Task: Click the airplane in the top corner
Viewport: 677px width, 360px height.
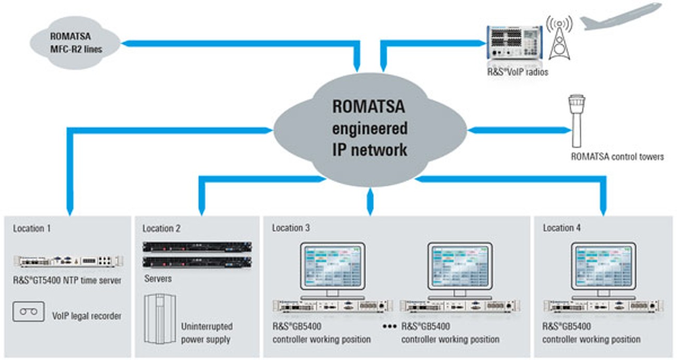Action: (620, 17)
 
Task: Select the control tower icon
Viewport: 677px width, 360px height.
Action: (576, 120)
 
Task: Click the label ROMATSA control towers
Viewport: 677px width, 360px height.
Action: (617, 156)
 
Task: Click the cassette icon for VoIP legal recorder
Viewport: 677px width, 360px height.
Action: (28, 312)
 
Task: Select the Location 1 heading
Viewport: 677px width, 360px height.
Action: (32, 228)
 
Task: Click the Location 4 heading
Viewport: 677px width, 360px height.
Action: (561, 228)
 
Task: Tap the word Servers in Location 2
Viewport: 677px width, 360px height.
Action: (157, 279)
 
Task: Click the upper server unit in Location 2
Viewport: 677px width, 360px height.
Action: (197, 246)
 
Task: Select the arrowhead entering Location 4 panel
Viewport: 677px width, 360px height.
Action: (603, 211)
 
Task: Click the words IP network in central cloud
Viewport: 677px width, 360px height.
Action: (369, 150)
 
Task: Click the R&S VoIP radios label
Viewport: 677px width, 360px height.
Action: (517, 72)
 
